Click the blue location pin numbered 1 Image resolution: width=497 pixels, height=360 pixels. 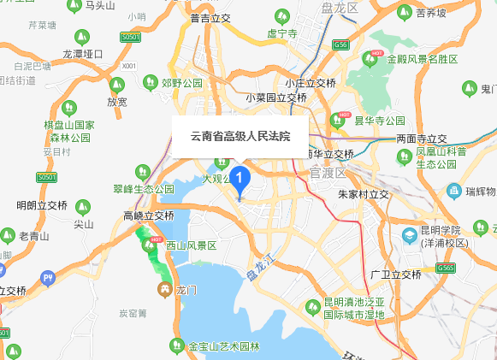point(240,180)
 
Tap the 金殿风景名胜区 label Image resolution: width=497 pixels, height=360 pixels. point(422,59)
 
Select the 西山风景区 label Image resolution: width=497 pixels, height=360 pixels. point(192,245)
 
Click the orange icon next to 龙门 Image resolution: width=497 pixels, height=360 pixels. point(163,289)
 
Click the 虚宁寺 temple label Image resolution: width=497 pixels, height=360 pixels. point(281,34)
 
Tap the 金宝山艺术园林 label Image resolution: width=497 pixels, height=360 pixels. point(223,346)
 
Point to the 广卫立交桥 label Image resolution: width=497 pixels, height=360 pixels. point(396,274)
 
